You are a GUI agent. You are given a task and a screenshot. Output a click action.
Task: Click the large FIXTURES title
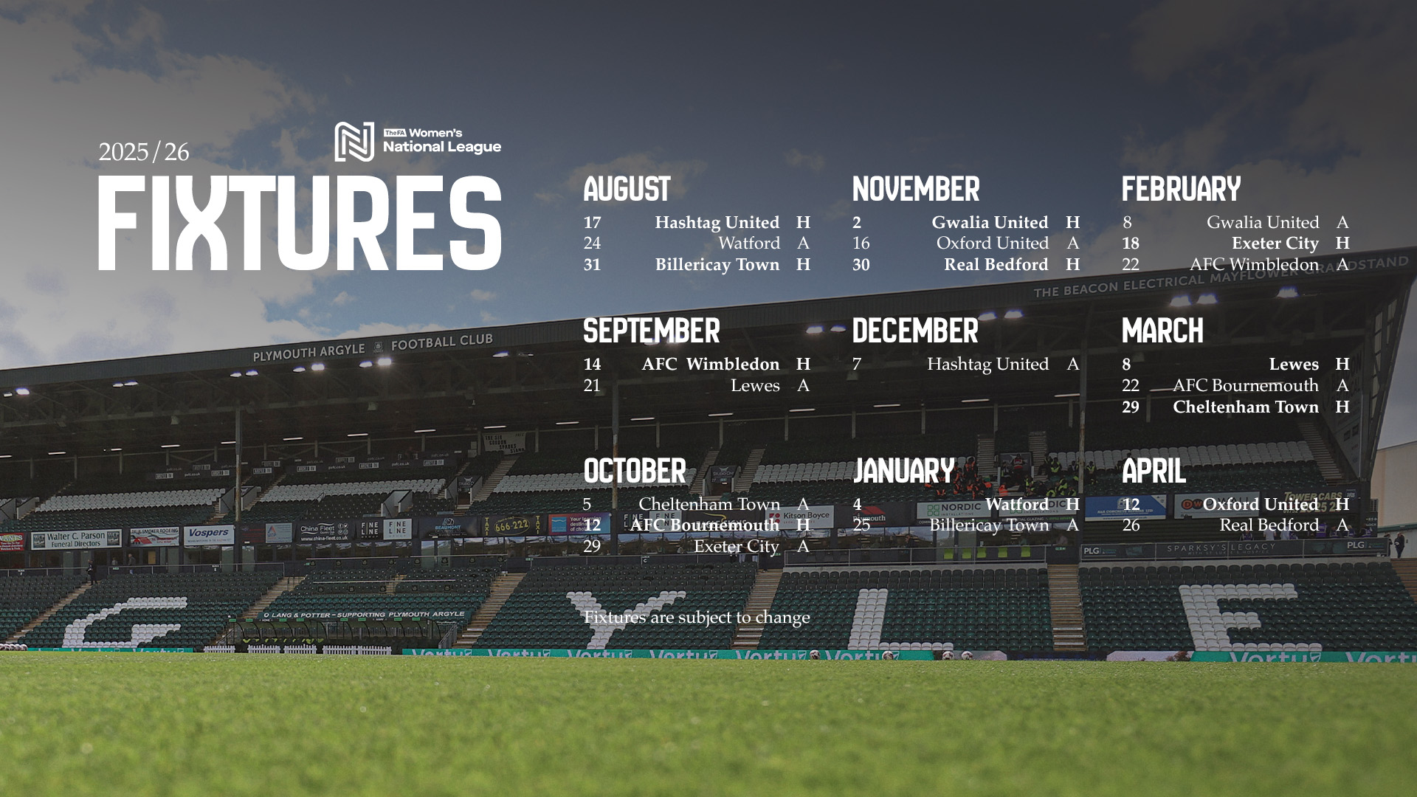coord(300,222)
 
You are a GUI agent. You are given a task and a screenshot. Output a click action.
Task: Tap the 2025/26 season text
coord(144,152)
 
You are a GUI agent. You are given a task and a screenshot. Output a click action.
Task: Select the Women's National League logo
coord(418,141)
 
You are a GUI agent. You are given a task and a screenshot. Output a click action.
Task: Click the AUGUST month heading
coord(627,190)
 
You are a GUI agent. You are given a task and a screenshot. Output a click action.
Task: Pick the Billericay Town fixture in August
coord(717,265)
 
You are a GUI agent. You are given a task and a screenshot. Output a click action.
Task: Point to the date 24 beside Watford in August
coord(592,244)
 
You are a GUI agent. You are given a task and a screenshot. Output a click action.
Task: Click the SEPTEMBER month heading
coord(651,331)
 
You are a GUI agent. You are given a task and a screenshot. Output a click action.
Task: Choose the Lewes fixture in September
coord(754,386)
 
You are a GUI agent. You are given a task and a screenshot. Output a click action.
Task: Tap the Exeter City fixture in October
coord(736,547)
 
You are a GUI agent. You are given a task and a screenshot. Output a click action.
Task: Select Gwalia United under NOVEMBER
coord(989,223)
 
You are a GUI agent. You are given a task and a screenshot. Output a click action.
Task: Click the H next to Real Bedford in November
coord(1072,265)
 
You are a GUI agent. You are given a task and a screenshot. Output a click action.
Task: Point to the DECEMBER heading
coord(915,331)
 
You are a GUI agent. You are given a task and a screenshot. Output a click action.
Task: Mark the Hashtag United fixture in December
coord(987,365)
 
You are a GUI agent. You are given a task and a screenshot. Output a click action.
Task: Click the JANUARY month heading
coord(903,472)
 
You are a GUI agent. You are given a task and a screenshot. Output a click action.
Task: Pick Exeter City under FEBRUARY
coord(1275,244)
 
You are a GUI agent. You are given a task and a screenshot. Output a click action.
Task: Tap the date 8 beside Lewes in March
coord(1126,365)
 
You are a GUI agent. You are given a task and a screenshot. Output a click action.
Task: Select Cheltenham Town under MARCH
coord(1245,407)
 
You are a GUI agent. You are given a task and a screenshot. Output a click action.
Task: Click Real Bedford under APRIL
coord(1269,525)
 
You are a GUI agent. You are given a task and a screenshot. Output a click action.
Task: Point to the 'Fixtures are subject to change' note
coord(696,618)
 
